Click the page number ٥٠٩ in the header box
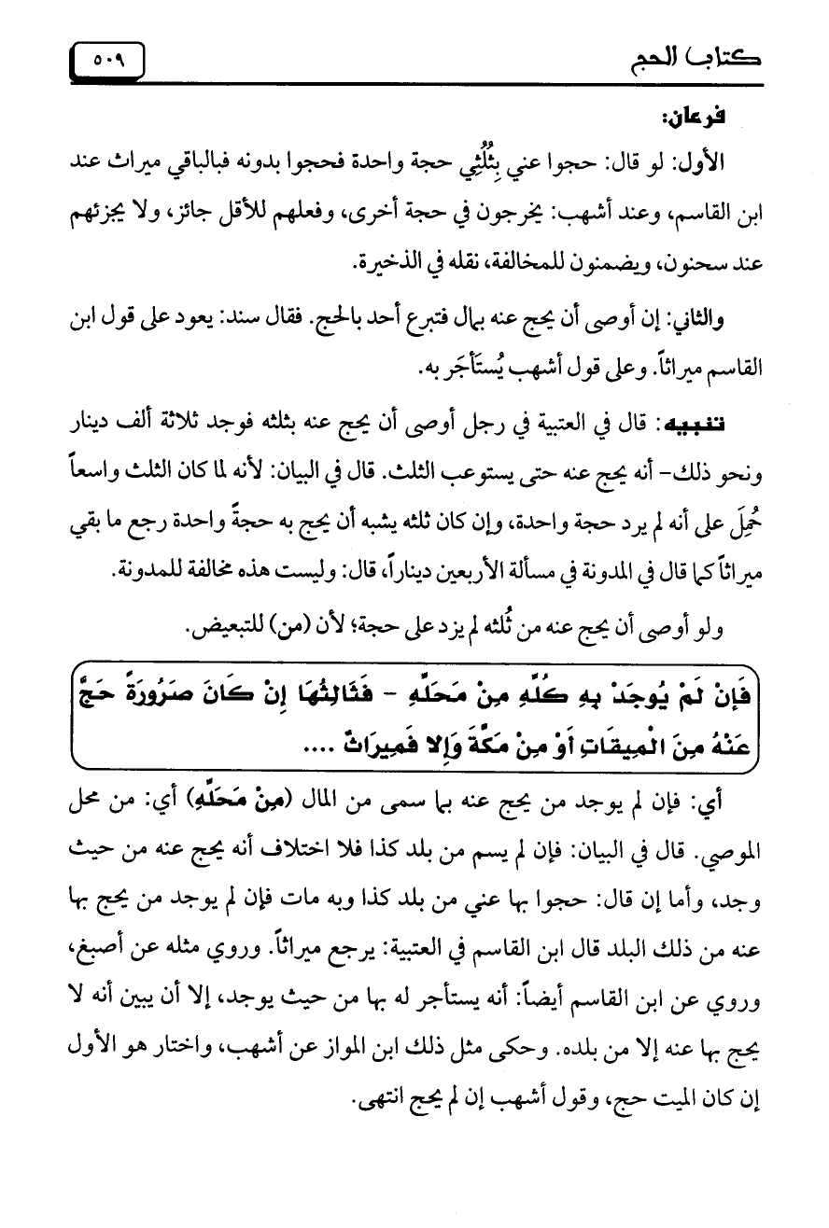coord(110,63)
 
